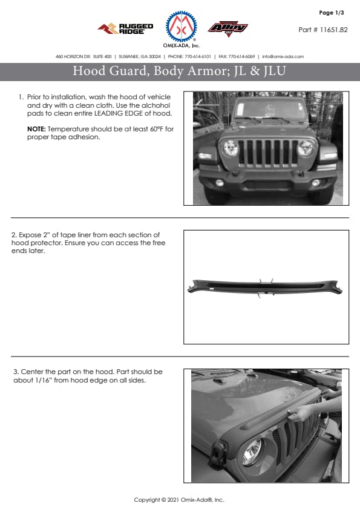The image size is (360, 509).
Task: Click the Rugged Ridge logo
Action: [125, 28]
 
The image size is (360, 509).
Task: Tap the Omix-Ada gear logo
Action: [181, 27]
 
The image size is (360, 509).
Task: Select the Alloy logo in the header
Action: [228, 28]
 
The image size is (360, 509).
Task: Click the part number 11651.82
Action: [334, 30]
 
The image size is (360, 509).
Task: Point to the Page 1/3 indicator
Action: [332, 13]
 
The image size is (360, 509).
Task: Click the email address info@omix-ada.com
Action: [283, 56]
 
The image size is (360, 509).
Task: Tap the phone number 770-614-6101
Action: [198, 56]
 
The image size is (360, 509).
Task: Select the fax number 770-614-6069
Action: [241, 56]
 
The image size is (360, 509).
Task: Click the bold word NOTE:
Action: [36, 129]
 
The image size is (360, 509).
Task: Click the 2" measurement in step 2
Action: [47, 235]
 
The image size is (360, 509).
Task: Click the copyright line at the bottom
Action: [179, 500]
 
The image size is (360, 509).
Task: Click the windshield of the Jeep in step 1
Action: [270, 110]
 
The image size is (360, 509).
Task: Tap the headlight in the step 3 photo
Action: [252, 452]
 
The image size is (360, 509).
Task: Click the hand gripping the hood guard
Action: [299, 413]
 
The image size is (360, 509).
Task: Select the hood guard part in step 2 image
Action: [264, 287]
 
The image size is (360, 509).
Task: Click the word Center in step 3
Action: [32, 372]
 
